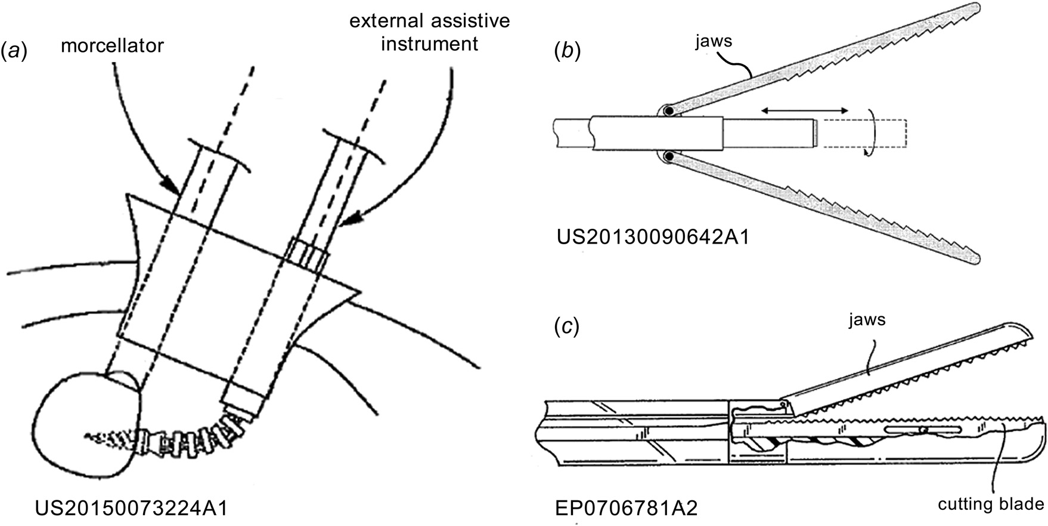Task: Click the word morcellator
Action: (x=112, y=45)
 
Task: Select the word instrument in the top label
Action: (x=429, y=43)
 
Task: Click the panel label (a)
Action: (x=14, y=52)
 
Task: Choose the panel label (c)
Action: (x=567, y=327)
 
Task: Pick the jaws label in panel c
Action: (x=863, y=320)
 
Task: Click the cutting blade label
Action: (x=991, y=504)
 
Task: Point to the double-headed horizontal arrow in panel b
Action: (x=805, y=111)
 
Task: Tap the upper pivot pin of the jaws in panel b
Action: (x=669, y=111)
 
